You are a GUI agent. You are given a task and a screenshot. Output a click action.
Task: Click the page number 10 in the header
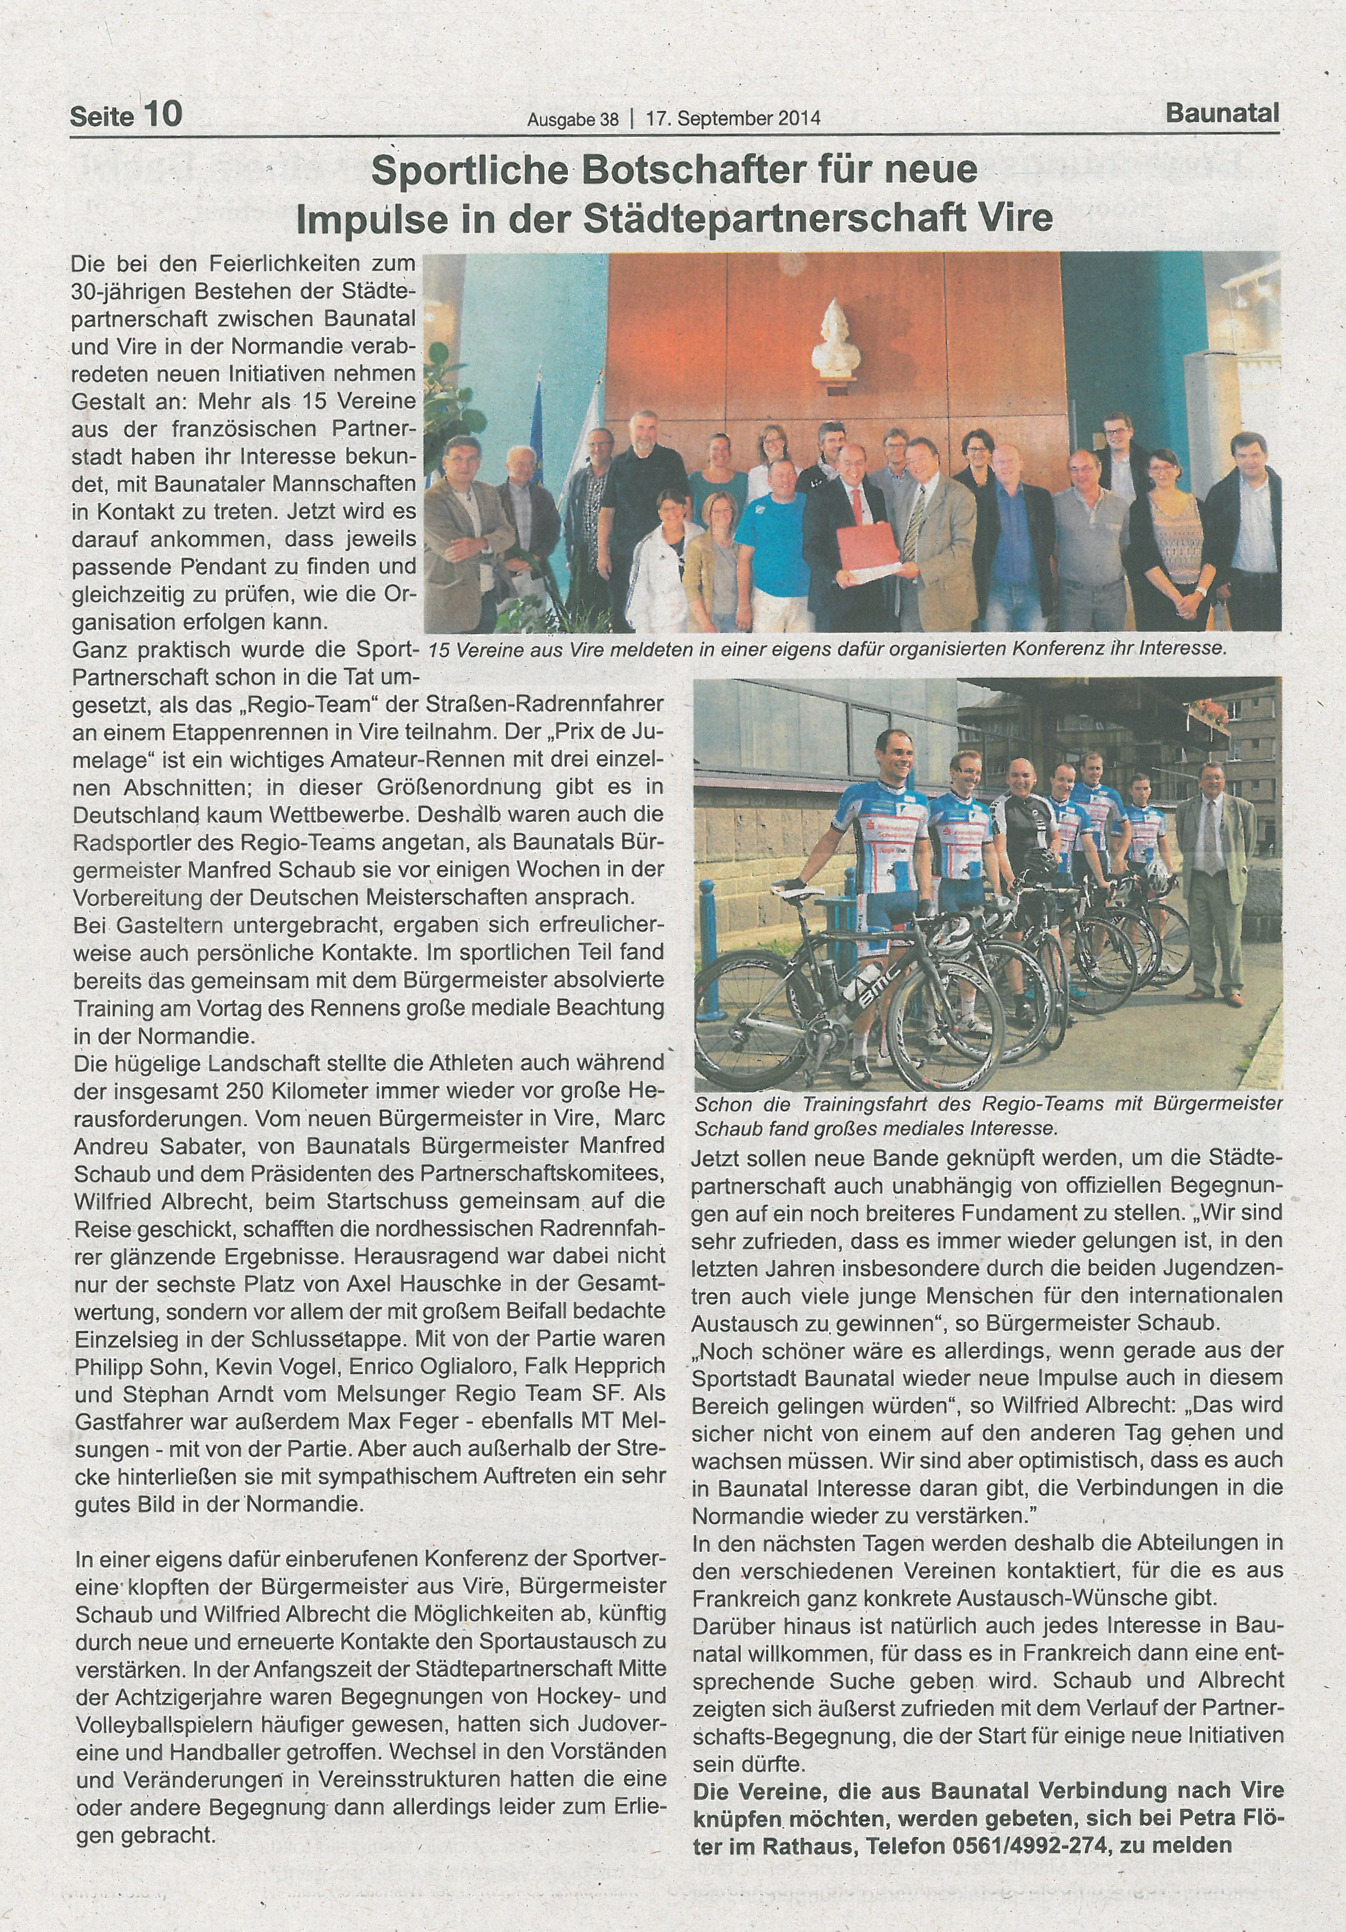coord(162,115)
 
